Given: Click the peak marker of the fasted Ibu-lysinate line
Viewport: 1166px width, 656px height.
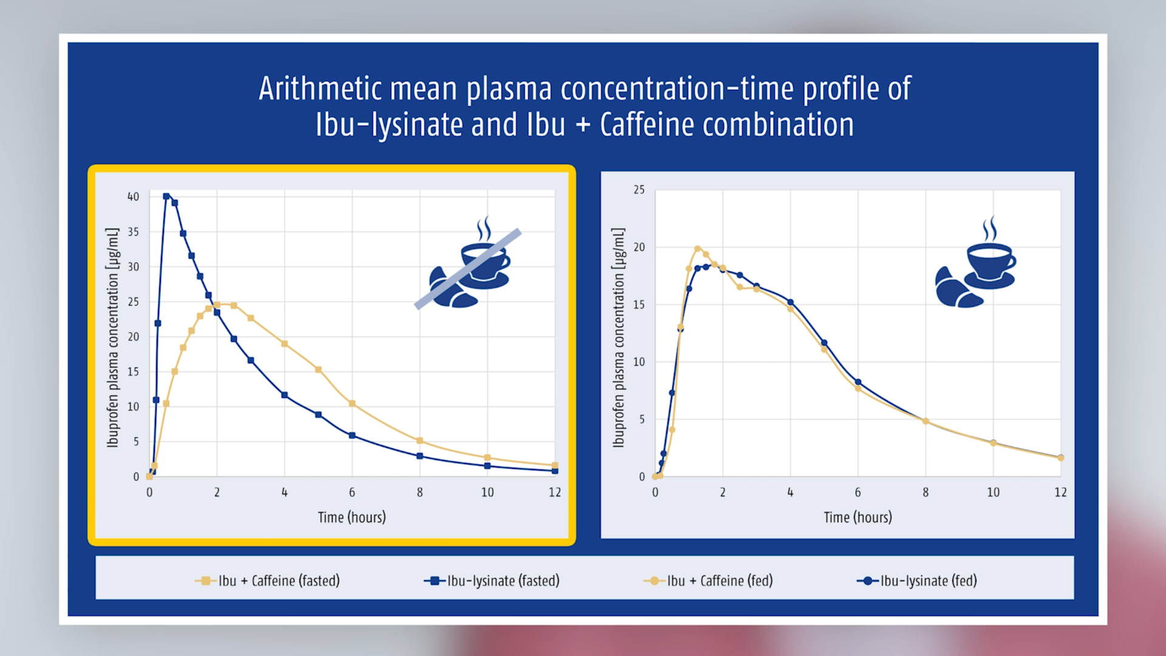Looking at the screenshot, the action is [166, 196].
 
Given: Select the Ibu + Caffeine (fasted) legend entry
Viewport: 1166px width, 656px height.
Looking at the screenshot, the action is [267, 581].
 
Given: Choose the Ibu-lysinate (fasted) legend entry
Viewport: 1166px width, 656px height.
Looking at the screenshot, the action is [491, 581].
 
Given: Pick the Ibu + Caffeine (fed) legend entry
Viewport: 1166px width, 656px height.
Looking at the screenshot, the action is [708, 581].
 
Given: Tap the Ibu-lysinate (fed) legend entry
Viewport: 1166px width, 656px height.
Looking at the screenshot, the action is [916, 581].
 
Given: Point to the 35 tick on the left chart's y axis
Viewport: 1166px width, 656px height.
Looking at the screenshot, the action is [133, 232].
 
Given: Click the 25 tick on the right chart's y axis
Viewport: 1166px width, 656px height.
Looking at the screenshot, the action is [639, 190].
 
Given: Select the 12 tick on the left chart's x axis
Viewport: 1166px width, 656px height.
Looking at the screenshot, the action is [554, 493].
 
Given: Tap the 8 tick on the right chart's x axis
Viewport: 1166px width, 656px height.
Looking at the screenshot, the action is [926, 493].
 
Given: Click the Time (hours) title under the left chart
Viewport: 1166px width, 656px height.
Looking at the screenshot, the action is [352, 518].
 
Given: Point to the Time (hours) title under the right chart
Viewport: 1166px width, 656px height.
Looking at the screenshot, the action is [857, 518].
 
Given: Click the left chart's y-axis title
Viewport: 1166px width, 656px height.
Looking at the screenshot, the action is [113, 338].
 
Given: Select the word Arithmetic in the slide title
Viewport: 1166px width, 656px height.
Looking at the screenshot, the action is [320, 89].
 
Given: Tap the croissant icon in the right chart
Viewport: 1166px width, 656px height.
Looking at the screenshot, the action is [957, 287].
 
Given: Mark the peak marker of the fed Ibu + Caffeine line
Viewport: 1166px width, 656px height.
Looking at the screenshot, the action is [697, 248].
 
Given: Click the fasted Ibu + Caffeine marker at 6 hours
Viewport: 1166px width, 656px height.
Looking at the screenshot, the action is [352, 403].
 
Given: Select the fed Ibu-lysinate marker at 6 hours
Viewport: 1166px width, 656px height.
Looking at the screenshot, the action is [858, 382].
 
